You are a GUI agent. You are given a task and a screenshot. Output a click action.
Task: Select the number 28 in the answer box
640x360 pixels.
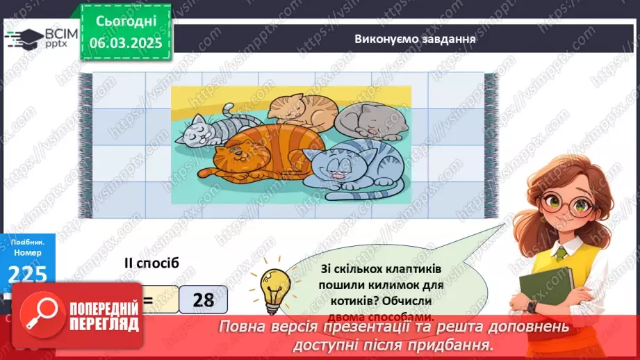coord(203,300)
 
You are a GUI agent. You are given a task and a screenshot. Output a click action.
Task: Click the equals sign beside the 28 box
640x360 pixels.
coord(147,300)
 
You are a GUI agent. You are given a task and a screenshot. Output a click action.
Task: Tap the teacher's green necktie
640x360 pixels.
coord(560,254)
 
